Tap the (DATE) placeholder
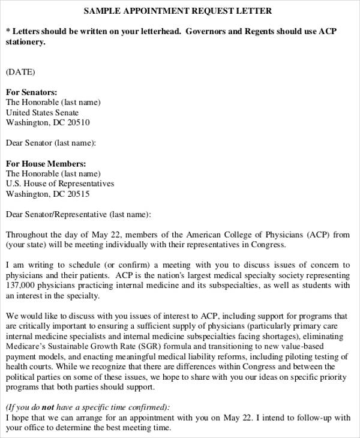[20, 72]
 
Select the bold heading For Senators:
[32, 92]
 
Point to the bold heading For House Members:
[46, 163]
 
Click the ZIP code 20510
[79, 123]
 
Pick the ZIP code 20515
[79, 194]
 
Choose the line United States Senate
[42, 113]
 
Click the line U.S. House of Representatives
[60, 184]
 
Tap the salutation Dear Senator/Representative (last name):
[79, 214]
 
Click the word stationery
[25, 42]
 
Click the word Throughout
[28, 235]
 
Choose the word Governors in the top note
[211, 31]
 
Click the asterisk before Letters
[8, 31]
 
